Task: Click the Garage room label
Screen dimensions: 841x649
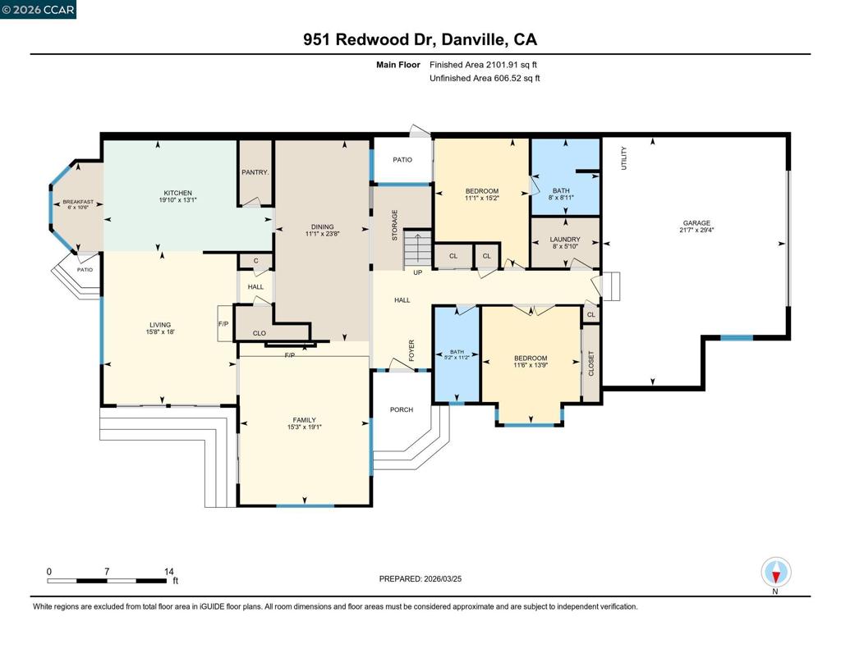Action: (x=696, y=223)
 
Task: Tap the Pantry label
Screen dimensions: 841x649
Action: (x=255, y=172)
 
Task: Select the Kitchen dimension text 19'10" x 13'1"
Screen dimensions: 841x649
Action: (x=178, y=200)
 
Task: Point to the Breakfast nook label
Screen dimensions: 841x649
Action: (x=78, y=202)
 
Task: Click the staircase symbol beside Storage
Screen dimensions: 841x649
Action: (x=417, y=249)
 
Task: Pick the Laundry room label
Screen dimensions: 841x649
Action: (x=565, y=240)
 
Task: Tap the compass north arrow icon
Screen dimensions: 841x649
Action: (x=775, y=573)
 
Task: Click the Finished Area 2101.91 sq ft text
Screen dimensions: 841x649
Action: (x=483, y=65)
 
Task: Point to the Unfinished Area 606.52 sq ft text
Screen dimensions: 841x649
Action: (x=485, y=78)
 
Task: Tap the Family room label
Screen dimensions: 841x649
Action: (x=304, y=420)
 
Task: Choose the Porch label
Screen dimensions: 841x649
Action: (x=401, y=409)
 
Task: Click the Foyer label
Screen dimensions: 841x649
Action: (x=411, y=350)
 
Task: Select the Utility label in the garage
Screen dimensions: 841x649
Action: (x=623, y=158)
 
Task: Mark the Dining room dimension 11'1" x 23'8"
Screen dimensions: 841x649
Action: (x=322, y=234)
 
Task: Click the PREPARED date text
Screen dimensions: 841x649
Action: (x=420, y=578)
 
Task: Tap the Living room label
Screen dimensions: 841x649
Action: (x=160, y=325)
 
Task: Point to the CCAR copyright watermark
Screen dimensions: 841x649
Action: (x=38, y=10)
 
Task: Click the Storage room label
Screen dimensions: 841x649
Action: (x=395, y=225)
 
